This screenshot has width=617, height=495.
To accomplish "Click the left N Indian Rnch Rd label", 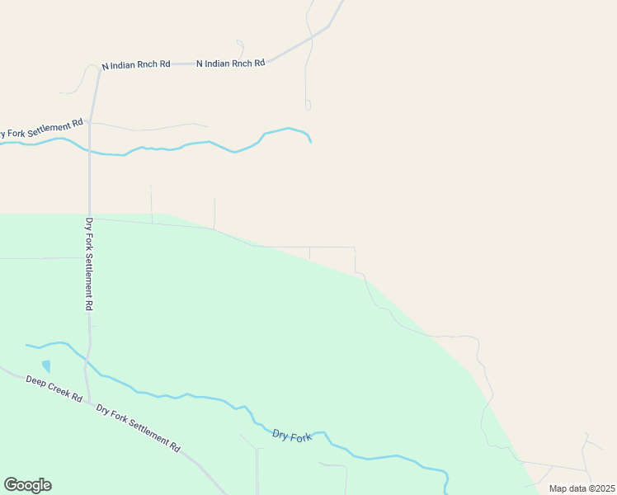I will tap(136, 64).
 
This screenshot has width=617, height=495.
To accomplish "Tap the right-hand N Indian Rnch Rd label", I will tap(230, 63).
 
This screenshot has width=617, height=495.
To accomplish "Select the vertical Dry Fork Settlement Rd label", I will tap(89, 263).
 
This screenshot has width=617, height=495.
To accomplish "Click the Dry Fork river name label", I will tap(292, 435).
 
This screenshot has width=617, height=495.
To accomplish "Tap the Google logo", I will tap(27, 485).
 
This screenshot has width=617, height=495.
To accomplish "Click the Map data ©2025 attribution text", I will tap(582, 488).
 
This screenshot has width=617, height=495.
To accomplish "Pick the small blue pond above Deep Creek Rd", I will tap(45, 365).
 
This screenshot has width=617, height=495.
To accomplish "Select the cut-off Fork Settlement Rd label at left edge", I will tap(41, 129).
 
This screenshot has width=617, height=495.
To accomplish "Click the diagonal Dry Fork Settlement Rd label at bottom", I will tap(138, 427).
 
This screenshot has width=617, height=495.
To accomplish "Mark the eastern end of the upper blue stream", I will tap(310, 141).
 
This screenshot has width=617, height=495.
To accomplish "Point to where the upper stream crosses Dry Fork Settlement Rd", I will tap(90, 152).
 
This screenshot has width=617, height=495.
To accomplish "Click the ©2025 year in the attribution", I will tap(600, 488).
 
